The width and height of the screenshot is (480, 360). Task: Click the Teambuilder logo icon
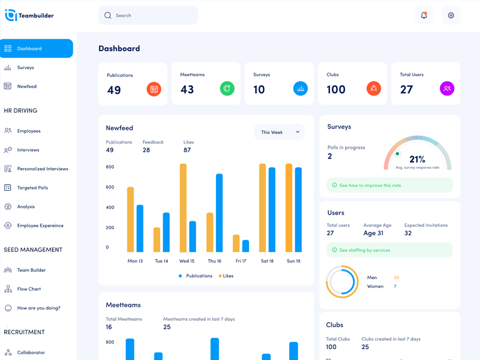[x=11, y=16]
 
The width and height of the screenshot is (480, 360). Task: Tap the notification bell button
[x=424, y=16]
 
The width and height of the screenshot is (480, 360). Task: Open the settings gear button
[x=451, y=16]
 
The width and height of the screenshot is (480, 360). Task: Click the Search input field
[x=148, y=16]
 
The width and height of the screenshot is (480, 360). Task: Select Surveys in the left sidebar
[x=26, y=68]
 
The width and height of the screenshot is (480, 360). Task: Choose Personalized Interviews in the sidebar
[x=43, y=169]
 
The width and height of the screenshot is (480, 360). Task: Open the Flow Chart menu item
[x=29, y=289]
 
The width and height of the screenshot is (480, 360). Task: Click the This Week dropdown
[x=280, y=132]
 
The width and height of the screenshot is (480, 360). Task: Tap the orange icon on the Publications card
[x=154, y=89]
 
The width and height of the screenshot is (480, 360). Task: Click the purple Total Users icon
[x=447, y=89]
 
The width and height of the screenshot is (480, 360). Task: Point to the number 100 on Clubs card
[x=336, y=89]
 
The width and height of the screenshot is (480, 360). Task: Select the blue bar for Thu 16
[x=219, y=213]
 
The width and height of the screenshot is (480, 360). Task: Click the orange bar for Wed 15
[x=183, y=208]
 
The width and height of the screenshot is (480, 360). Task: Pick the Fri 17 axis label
[x=241, y=261]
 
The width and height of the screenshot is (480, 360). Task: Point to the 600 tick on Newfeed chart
[x=110, y=187]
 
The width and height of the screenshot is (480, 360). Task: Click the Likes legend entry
[x=226, y=276]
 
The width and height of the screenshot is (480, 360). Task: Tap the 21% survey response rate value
[x=417, y=160]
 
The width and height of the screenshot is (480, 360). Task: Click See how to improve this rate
[x=370, y=185]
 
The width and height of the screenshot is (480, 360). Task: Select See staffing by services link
[x=365, y=250]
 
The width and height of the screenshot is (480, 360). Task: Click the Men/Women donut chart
[x=342, y=282]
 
